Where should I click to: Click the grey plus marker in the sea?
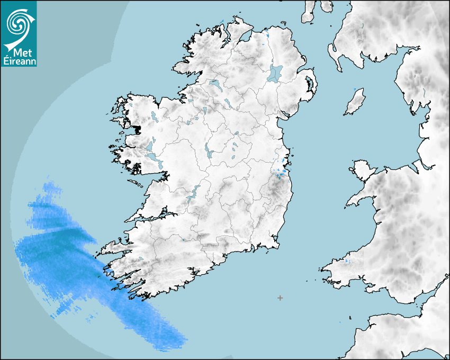click(280, 298)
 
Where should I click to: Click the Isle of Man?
click(355, 102)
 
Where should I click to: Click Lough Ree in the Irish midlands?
click(209, 151)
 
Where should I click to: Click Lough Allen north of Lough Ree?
click(203, 111)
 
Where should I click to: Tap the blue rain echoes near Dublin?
click(280, 172)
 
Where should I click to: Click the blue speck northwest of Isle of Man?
click(354, 88)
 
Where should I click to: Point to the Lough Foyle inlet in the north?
click(245, 37)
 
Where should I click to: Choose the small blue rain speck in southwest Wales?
click(347, 261)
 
